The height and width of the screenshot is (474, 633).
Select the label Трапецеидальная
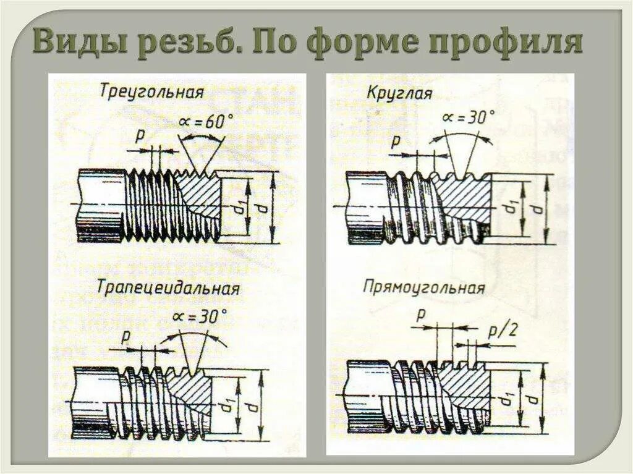tap(168, 289)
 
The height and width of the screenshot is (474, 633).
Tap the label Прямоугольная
tap(424, 287)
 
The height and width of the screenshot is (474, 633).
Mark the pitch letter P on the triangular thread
tap(139, 135)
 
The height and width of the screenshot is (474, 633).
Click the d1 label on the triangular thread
tap(239, 209)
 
